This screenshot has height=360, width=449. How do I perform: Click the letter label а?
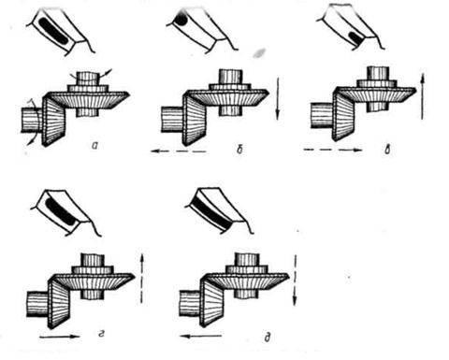point(94,145)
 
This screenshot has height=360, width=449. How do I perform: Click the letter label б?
point(239,150)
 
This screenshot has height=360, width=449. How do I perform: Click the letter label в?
point(387,150)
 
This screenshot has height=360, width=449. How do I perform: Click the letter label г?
point(100,335)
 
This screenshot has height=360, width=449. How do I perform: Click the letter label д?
point(267,338)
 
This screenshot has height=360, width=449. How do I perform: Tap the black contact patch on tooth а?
point(53,30)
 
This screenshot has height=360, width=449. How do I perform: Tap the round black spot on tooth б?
point(181,21)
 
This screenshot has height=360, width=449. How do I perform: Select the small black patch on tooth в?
point(355,36)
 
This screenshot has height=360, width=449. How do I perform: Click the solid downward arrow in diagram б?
point(277,99)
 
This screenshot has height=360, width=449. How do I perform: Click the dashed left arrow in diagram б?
point(179,151)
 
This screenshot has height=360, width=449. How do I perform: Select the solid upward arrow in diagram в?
point(422,96)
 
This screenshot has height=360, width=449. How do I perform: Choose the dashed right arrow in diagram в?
point(333,150)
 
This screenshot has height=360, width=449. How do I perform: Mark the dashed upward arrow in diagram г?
point(141,279)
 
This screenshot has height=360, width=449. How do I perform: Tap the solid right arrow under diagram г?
point(60,337)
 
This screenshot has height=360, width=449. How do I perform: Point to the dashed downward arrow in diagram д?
point(295,280)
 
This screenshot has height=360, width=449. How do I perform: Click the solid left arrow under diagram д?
point(201,336)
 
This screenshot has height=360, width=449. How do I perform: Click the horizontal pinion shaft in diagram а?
point(31,120)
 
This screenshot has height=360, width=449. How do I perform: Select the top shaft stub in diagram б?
point(231,76)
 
